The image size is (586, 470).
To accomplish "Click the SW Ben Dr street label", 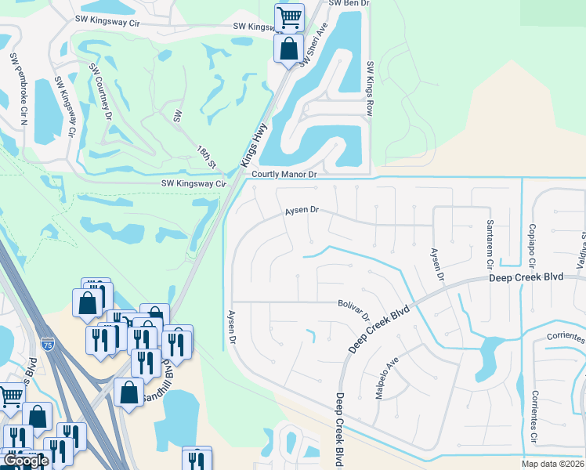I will (349, 4).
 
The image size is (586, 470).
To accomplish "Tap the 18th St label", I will (206, 156).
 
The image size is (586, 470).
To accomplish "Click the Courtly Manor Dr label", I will (284, 175).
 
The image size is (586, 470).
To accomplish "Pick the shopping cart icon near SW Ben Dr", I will (289, 16).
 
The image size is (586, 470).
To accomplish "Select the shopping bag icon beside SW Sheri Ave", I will (288, 48).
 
